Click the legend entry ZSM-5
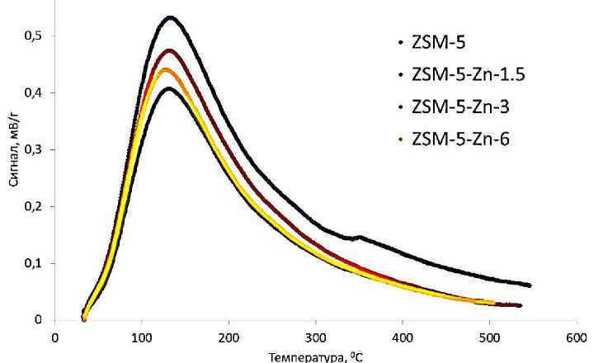(426, 40)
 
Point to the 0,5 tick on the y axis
(35, 35)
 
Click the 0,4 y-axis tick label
(35, 92)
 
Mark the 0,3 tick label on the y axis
(35, 149)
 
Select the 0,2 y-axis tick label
(35, 206)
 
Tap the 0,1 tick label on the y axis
(35, 263)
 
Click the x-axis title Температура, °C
(314, 356)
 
